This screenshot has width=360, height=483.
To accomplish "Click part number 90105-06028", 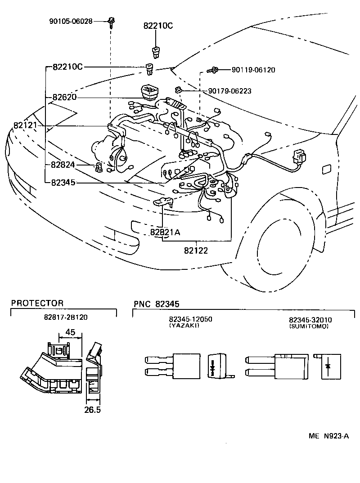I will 71,21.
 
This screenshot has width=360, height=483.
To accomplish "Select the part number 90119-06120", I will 253,70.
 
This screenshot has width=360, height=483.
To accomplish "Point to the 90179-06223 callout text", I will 229,91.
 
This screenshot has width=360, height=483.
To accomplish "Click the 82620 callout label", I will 64,97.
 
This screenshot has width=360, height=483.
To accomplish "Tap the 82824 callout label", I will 63,165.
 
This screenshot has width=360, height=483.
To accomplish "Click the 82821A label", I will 165,232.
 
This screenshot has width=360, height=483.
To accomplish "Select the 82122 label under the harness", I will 196,250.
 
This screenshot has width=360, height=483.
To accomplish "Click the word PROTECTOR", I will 37,303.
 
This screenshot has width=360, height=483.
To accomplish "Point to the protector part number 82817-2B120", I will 66,317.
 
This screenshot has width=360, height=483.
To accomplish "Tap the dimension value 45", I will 70,332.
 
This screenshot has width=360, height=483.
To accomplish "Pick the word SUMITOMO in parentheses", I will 309,326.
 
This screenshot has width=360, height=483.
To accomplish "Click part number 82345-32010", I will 310,320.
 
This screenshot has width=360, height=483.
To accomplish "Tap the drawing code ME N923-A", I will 329,436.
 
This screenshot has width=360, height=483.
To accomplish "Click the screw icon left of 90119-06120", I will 213,70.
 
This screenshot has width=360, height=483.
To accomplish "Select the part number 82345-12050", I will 190,319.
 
